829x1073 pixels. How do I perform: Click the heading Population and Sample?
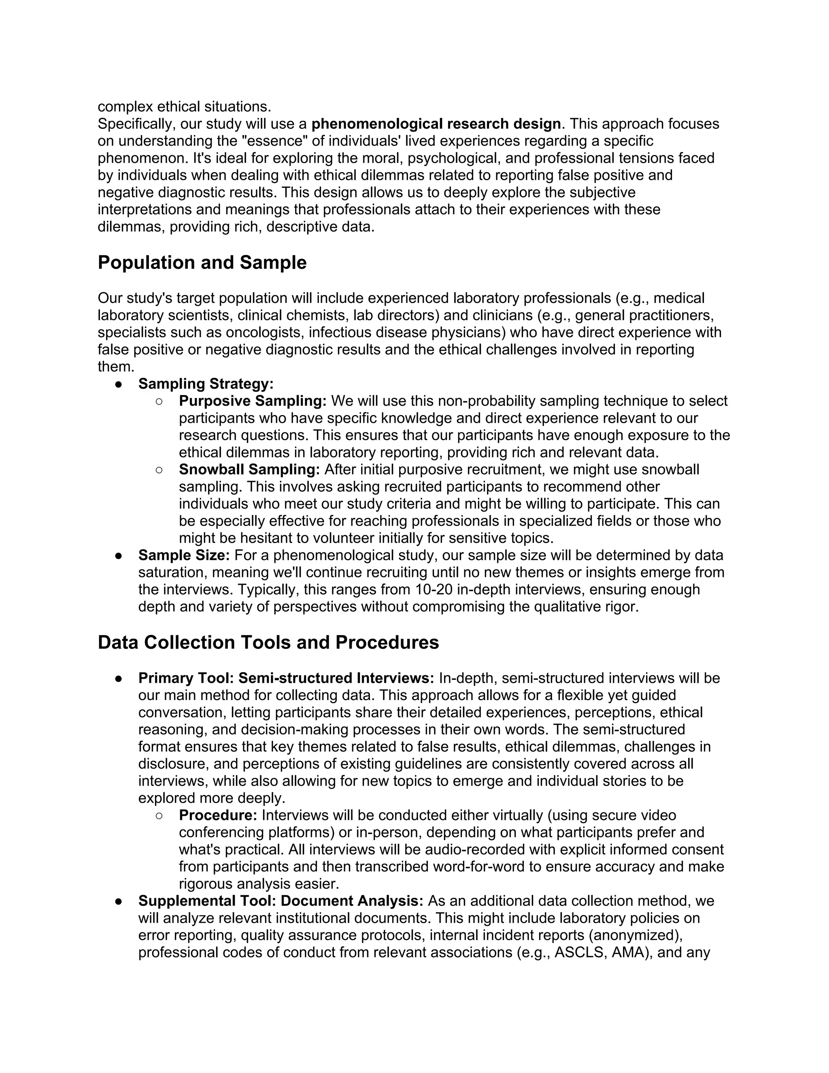point(202,263)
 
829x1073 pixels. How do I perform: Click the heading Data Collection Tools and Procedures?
point(268,643)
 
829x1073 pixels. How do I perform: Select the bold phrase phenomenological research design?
point(436,124)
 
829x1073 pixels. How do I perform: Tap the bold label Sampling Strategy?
point(206,384)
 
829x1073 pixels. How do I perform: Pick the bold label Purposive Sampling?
point(253,401)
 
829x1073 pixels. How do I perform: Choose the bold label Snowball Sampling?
point(249,470)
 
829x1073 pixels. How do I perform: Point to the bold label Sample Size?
point(184,555)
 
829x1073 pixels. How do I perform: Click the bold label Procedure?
point(217,815)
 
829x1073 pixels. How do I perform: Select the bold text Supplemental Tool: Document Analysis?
point(281,901)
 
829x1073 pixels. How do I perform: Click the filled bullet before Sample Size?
point(118,556)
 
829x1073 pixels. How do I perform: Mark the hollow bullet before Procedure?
point(159,815)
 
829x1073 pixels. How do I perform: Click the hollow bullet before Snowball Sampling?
point(159,470)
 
